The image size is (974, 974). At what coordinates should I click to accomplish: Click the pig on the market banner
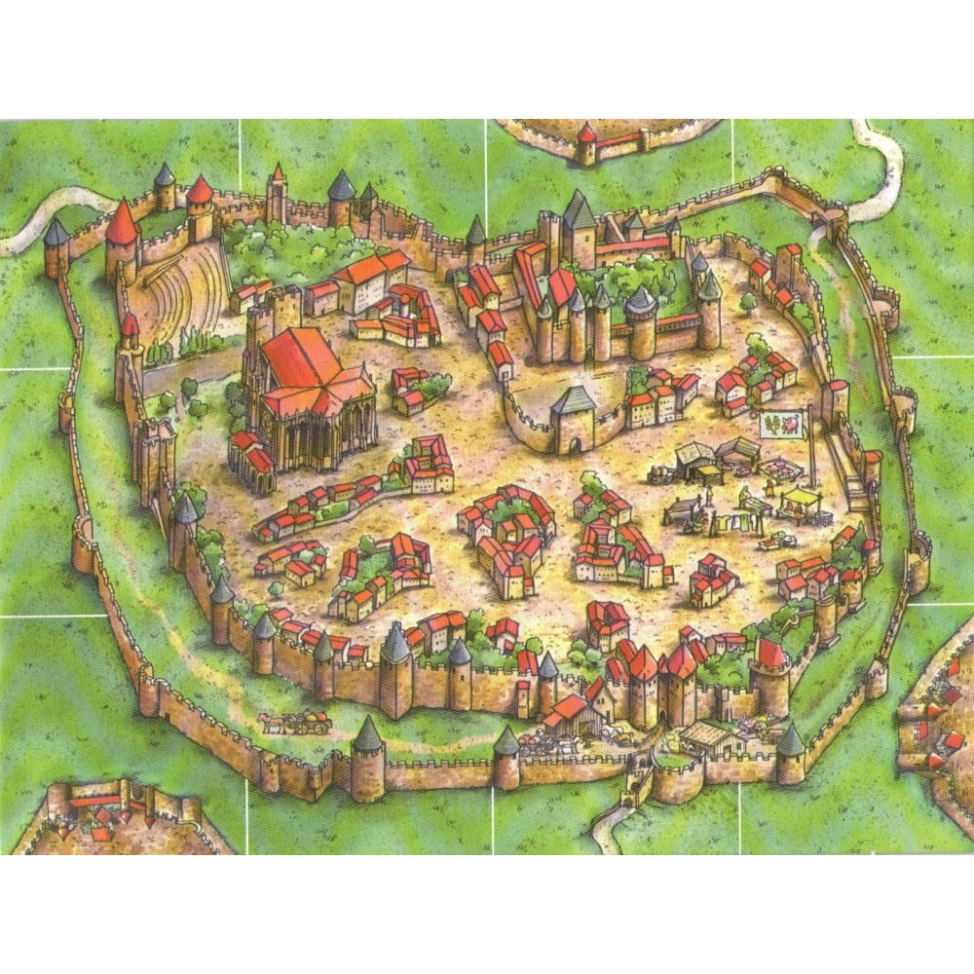[x=794, y=424]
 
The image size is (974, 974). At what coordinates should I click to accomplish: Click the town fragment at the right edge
[x=940, y=721]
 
